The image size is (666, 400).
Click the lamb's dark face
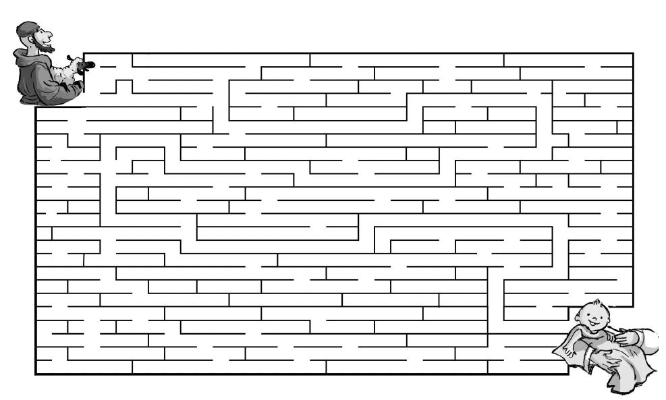(x=86, y=65)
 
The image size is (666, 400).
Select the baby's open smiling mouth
(x=594, y=329)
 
